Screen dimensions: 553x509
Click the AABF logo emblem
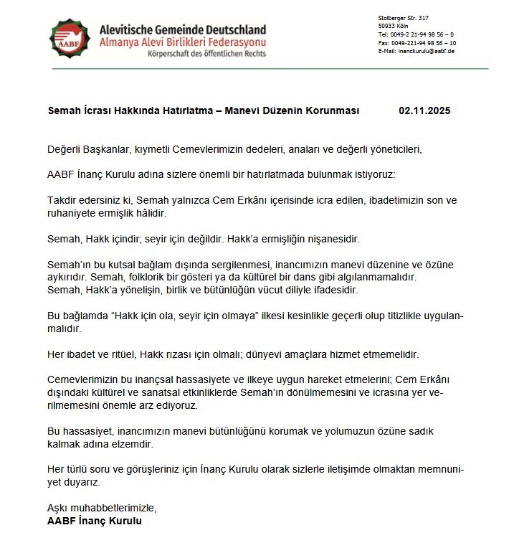(70, 39)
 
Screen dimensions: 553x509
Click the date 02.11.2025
(424, 111)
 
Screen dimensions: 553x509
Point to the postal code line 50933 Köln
(392, 26)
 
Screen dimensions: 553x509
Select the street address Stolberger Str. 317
(403, 17)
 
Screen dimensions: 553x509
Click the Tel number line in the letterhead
(416, 34)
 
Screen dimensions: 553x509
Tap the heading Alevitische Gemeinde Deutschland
(183, 29)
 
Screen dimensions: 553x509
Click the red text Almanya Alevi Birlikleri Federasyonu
(183, 42)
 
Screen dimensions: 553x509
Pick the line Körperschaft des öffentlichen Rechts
(206, 53)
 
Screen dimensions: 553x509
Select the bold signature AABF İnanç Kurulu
(95, 521)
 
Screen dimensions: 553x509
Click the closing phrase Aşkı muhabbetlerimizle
(101, 509)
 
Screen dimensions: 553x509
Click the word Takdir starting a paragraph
(62, 201)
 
